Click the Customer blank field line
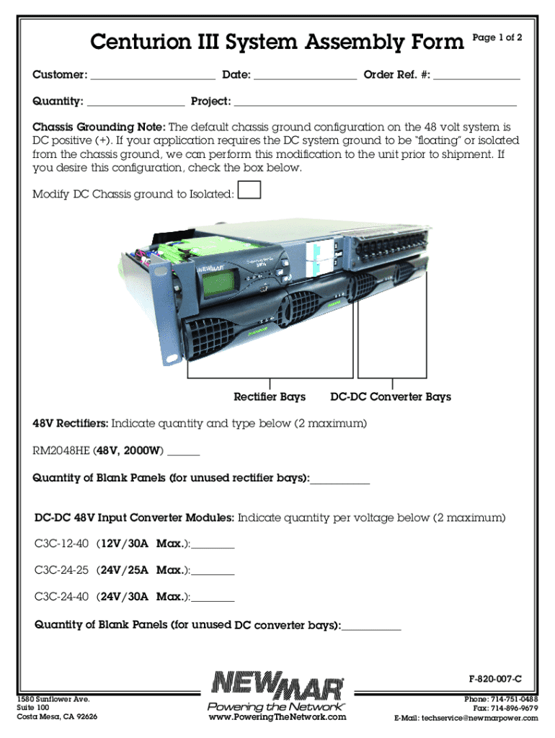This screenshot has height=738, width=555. pyautogui.click(x=153, y=79)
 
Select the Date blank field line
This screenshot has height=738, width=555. pyautogui.click(x=305, y=79)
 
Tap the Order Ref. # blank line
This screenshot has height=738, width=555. pyautogui.click(x=476, y=79)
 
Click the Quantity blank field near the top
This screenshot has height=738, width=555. pyautogui.click(x=136, y=106)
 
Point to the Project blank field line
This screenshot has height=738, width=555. pyautogui.click(x=376, y=106)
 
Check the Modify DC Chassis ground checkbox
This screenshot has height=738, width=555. pyautogui.click(x=249, y=190)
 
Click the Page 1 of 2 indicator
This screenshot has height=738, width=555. pyautogui.click(x=497, y=37)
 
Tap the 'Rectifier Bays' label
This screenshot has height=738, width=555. pyautogui.click(x=270, y=397)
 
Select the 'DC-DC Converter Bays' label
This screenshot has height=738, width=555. pyautogui.click(x=391, y=397)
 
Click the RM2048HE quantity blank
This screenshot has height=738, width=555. pyautogui.click(x=184, y=455)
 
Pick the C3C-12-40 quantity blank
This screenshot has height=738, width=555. pyautogui.click(x=213, y=548)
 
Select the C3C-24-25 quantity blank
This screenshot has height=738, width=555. pyautogui.click(x=213, y=574)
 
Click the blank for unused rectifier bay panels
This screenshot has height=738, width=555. pyautogui.click(x=340, y=483)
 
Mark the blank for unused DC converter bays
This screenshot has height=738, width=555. pyautogui.click(x=371, y=630)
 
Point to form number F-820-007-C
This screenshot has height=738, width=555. pyautogui.click(x=494, y=679)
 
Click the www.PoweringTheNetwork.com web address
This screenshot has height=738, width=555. pyautogui.click(x=277, y=717)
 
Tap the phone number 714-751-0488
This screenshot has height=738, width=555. pyautogui.click(x=515, y=699)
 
